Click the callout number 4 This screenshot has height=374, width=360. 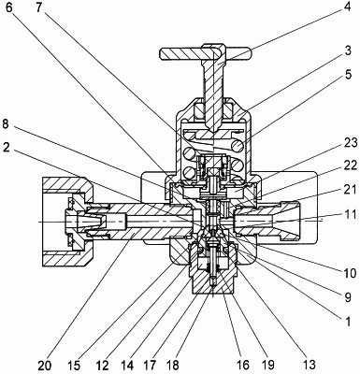(347, 7)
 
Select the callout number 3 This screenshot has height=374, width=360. (348, 50)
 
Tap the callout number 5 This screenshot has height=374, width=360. (348, 75)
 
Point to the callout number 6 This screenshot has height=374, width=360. (9, 7)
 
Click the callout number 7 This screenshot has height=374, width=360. (38, 7)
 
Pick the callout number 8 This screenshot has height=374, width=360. (7, 123)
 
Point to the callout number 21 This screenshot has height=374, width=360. (349, 190)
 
